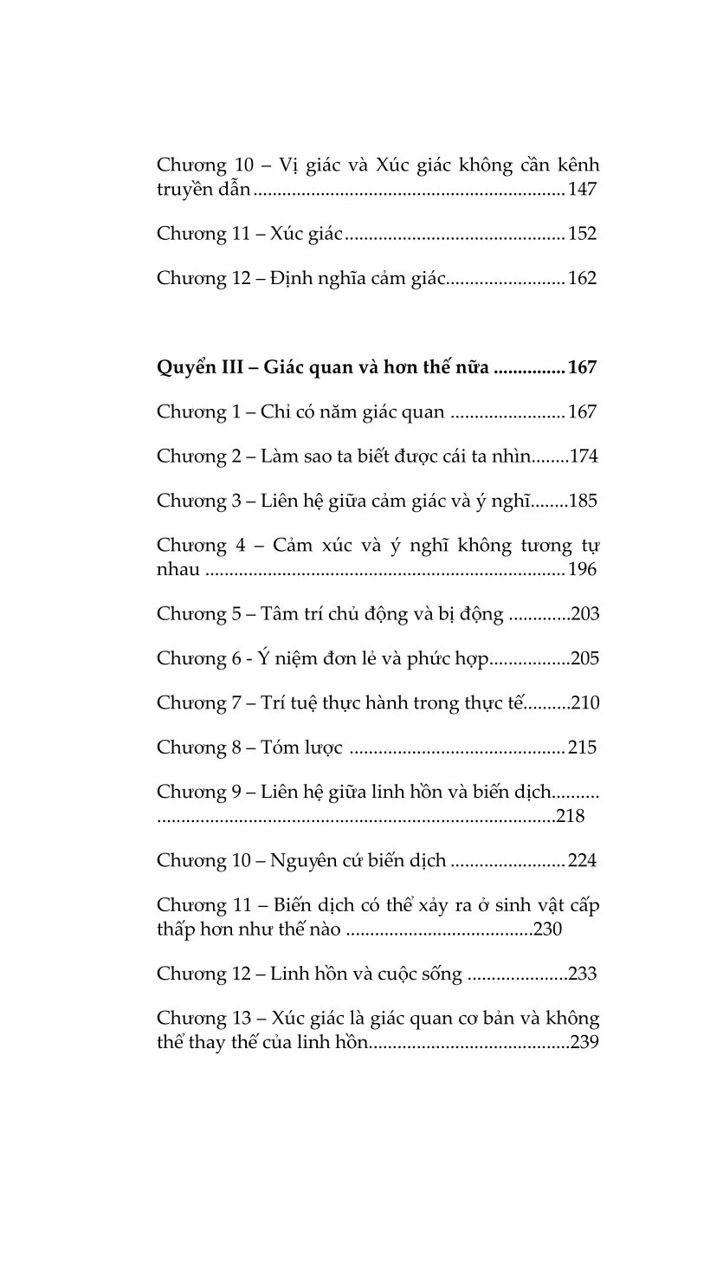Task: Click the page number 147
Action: coord(583,190)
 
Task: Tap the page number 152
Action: coord(583,234)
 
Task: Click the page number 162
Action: coord(583,278)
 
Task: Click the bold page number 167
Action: coord(583,367)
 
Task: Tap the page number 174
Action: coord(583,456)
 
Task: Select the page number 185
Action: coord(583,501)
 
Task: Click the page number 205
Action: coord(584,658)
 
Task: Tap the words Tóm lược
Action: coord(301,747)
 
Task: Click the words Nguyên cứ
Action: coord(311,860)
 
